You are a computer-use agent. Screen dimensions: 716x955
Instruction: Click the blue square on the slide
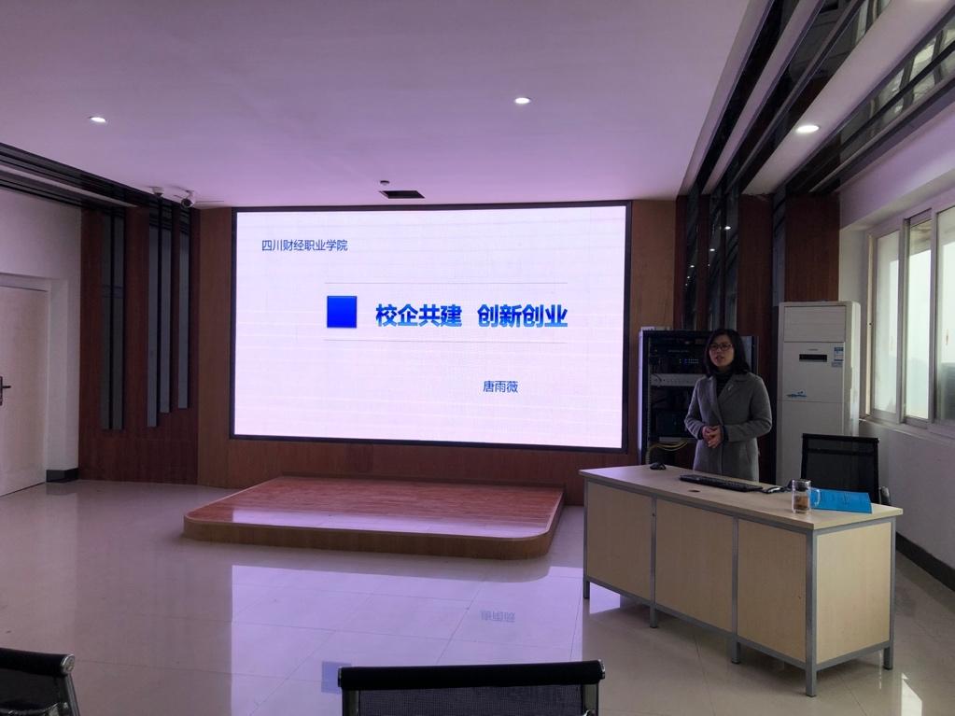[342, 311]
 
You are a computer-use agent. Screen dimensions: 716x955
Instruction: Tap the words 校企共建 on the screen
[418, 315]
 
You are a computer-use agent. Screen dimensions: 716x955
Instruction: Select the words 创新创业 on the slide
[522, 315]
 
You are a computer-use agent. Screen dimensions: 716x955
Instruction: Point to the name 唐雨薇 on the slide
[499, 386]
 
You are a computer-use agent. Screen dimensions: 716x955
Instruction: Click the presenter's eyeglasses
[720, 347]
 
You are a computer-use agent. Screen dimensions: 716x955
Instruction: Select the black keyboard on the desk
[721, 483]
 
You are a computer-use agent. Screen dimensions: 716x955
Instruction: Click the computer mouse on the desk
[657, 466]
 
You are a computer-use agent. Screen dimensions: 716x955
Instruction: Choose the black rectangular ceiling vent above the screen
[401, 194]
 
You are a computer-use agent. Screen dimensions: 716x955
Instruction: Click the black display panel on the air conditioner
[838, 353]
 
